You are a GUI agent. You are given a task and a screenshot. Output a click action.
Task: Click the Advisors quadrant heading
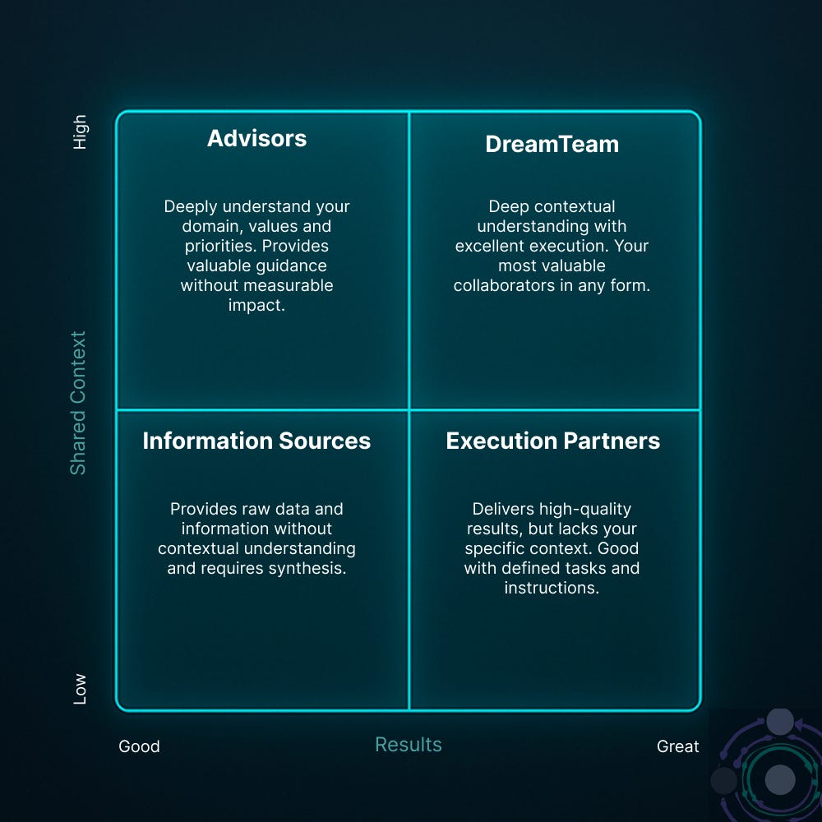point(256,138)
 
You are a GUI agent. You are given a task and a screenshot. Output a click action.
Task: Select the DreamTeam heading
point(552,144)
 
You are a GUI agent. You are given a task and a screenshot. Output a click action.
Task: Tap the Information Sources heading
point(256,441)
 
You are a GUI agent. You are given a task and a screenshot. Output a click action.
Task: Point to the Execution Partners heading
point(552,441)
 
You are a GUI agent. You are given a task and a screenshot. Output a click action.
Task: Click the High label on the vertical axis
point(80,132)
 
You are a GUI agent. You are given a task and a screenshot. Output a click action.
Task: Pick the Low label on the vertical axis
point(80,688)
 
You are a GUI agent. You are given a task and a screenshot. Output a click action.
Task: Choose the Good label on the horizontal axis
point(139,746)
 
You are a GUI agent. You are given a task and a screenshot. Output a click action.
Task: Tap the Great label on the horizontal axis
point(677,746)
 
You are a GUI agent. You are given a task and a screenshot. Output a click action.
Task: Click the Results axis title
point(409,745)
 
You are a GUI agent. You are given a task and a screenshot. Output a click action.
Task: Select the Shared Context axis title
point(78,403)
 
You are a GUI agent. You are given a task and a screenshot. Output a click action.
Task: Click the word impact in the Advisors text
point(256,305)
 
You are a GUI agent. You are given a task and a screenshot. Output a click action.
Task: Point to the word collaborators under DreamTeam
point(507,285)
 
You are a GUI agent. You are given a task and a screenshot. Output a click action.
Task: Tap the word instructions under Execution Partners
point(552,588)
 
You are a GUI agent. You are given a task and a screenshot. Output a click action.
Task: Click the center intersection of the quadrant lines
point(409,409)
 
